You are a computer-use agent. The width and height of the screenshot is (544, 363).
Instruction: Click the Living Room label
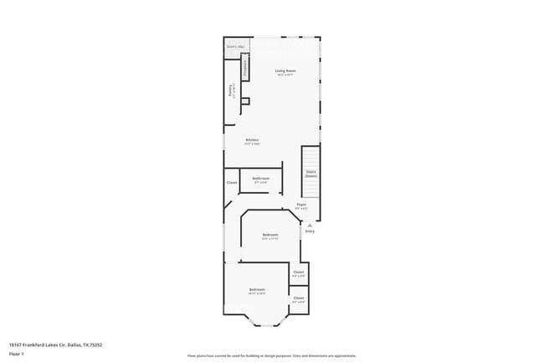[x=285, y=72]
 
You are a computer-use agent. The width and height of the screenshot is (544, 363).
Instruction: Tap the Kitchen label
[x=252, y=141]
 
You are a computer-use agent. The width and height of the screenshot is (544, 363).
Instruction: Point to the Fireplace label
[x=245, y=67]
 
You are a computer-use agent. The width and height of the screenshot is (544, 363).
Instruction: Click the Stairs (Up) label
[x=235, y=47]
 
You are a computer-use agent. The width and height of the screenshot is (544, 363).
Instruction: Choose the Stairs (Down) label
[x=310, y=174]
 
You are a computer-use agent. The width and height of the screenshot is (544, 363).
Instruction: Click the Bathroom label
[x=261, y=179]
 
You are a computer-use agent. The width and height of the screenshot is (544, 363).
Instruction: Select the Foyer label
[x=301, y=205]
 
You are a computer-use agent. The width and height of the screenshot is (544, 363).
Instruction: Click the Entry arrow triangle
[x=310, y=225]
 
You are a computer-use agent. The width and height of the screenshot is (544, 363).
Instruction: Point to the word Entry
[x=310, y=231]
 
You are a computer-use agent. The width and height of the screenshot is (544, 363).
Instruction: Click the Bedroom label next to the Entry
[x=269, y=236]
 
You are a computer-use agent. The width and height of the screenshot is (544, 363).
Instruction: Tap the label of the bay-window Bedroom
[x=257, y=291]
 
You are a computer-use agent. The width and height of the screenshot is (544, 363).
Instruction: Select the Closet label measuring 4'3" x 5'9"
[x=299, y=273]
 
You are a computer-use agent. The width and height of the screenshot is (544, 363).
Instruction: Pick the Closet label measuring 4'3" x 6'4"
[x=299, y=299]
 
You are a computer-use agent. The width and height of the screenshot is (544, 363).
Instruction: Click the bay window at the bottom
[x=266, y=322]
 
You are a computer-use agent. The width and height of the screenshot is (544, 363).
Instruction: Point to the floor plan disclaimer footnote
[x=271, y=355]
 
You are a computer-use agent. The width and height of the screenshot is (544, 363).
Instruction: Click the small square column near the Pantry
[x=245, y=101]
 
